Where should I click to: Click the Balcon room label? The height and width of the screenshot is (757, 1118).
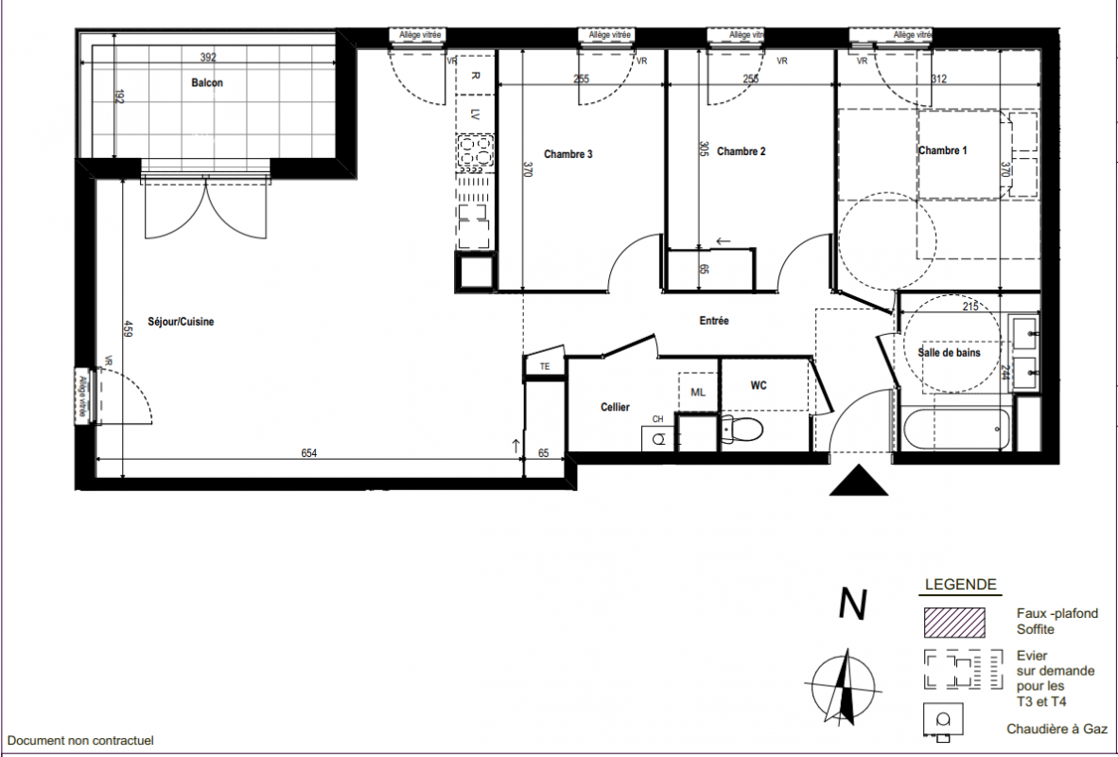pos(207,82)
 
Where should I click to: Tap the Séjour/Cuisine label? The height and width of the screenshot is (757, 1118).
pos(181,322)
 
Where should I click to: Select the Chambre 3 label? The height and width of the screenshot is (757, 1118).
pos(568,154)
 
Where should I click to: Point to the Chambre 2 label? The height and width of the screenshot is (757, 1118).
pos(742,151)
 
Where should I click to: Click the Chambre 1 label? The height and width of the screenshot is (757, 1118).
pos(943,150)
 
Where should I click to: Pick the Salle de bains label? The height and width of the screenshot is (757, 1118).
pos(949,352)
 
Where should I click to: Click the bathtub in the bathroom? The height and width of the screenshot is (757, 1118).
pos(956,428)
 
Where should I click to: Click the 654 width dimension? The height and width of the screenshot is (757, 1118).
pos(308,453)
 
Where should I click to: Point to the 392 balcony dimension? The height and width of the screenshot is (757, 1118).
pos(207,58)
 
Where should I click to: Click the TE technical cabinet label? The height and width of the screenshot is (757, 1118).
pos(545,367)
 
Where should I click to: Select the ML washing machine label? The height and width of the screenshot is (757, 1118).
pos(698,393)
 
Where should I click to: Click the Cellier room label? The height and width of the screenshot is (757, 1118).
pos(615,408)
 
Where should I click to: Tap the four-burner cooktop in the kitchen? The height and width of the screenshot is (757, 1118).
pos(476,153)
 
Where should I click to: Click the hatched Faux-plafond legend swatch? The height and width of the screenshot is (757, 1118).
pos(954,622)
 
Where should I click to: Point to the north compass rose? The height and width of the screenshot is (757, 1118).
pos(843,687)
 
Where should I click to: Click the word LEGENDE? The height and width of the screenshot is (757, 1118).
pos(960,585)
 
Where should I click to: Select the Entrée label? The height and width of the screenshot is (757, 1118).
pos(714,321)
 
